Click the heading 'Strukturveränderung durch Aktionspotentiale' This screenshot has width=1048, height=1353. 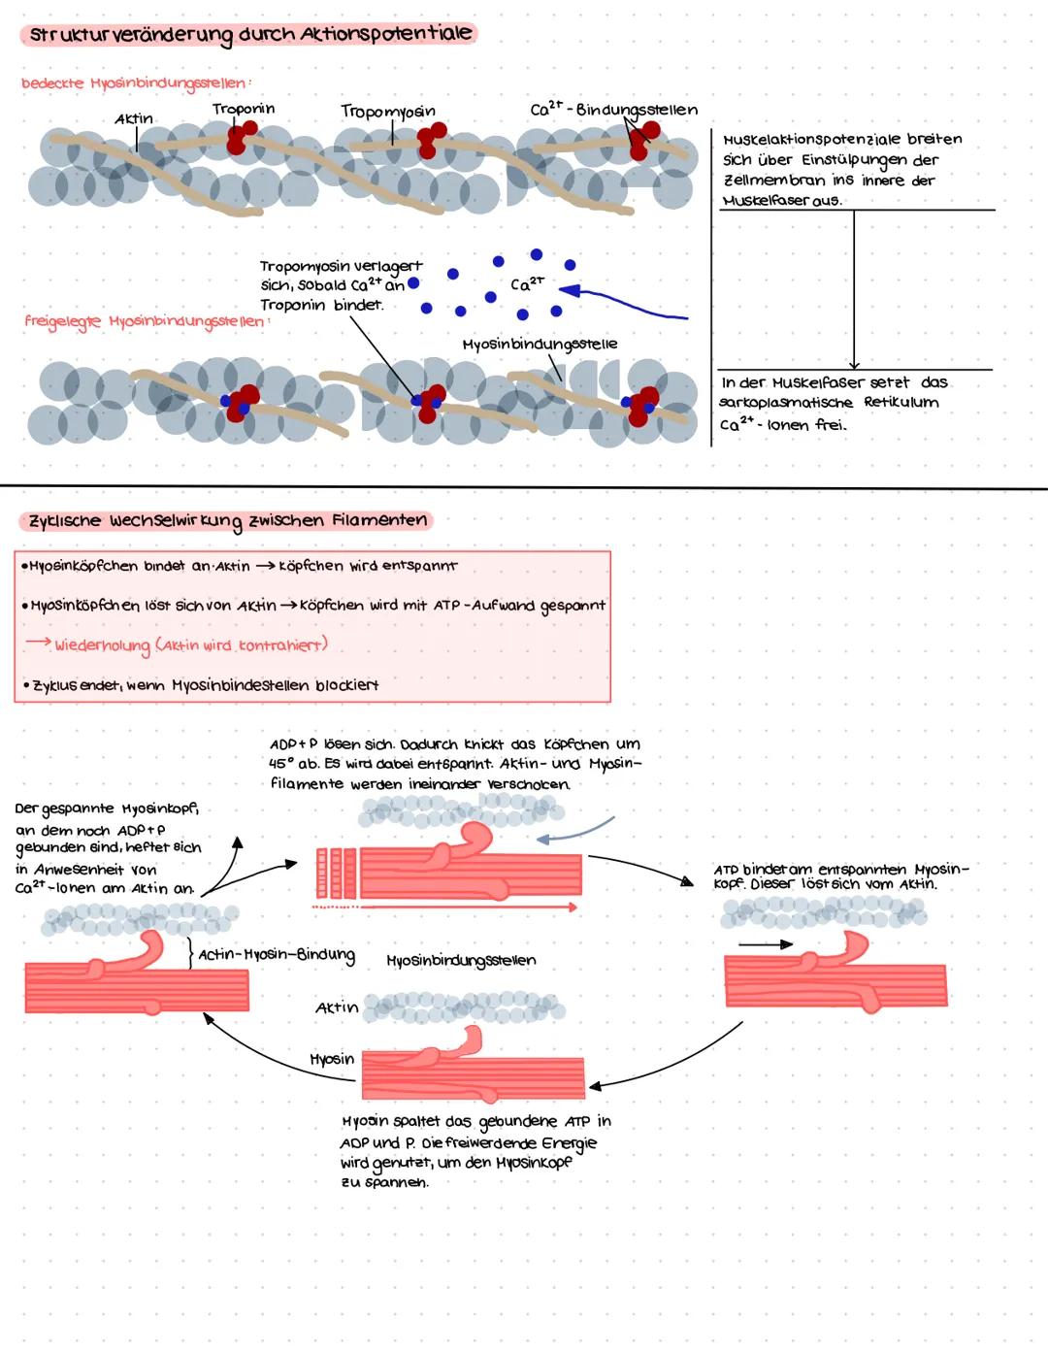[249, 35]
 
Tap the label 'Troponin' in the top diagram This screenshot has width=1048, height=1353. [244, 109]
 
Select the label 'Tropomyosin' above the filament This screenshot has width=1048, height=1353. [388, 112]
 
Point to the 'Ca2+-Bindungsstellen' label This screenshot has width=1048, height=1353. [613, 109]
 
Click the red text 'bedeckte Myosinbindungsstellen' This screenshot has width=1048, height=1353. [134, 83]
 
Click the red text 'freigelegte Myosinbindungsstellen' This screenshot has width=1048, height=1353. [144, 320]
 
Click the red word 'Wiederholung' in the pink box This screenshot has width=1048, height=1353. [102, 645]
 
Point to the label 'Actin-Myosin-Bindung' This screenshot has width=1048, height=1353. [277, 955]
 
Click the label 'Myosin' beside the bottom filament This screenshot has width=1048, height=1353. [332, 1059]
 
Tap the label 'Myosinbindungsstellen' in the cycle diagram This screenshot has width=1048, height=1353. [461, 961]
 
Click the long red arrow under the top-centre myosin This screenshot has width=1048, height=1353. [446, 907]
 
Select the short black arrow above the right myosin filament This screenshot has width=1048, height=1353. [765, 943]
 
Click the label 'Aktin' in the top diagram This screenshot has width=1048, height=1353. [134, 119]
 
